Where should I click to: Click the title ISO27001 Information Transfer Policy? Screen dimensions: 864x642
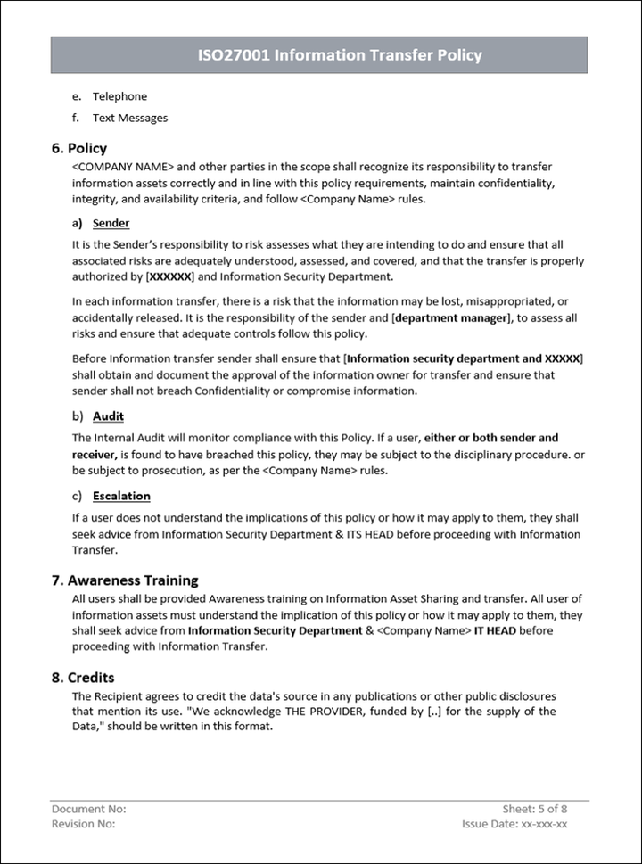[x=339, y=55]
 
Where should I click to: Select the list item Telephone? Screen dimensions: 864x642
[x=119, y=96]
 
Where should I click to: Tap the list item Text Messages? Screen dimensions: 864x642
[x=129, y=118]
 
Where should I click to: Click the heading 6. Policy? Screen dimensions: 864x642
[x=79, y=148]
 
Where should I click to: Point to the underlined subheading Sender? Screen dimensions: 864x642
[x=111, y=223]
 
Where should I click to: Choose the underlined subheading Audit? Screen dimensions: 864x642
[x=108, y=416]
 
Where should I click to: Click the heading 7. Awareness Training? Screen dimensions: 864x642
[x=125, y=580]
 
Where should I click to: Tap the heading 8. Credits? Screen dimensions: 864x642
[x=83, y=678]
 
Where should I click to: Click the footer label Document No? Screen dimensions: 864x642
[x=88, y=809]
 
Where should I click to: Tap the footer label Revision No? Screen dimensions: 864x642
[x=83, y=824]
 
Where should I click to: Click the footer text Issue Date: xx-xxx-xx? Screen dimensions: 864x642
[x=514, y=824]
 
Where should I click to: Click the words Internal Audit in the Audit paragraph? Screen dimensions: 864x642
[x=128, y=438]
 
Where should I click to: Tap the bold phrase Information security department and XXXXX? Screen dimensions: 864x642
[x=463, y=358]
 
